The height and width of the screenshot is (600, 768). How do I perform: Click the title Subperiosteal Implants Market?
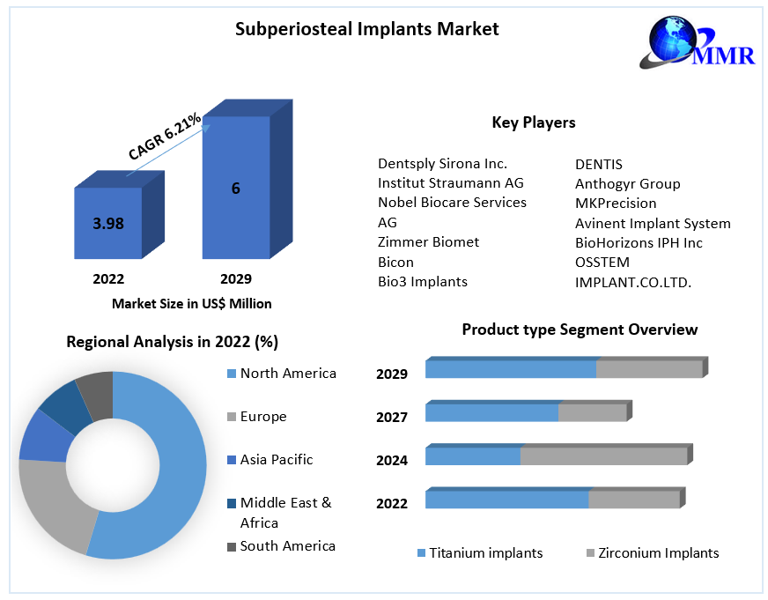point(366,29)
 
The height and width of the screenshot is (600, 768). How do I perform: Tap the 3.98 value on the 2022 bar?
point(108,224)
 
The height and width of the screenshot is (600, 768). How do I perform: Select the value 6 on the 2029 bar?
point(236,188)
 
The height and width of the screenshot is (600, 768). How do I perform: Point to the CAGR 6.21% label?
point(165,137)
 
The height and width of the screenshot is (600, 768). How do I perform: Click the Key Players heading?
point(533,122)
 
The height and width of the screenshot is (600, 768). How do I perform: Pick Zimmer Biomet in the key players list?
point(429,241)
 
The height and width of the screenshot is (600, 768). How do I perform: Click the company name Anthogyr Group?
point(627,184)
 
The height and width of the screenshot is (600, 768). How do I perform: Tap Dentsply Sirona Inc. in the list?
point(442,164)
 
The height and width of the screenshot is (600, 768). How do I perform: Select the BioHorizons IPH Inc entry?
point(639,243)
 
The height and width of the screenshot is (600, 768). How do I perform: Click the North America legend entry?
point(287,374)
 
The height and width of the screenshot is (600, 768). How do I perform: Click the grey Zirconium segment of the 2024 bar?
point(603,456)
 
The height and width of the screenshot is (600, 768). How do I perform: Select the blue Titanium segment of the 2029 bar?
point(510,369)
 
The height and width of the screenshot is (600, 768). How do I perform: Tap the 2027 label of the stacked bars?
point(392,417)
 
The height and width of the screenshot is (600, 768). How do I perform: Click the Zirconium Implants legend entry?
point(658,553)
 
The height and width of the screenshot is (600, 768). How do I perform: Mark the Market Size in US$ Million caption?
point(191,304)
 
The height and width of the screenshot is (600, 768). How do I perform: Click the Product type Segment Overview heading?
point(580,330)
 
